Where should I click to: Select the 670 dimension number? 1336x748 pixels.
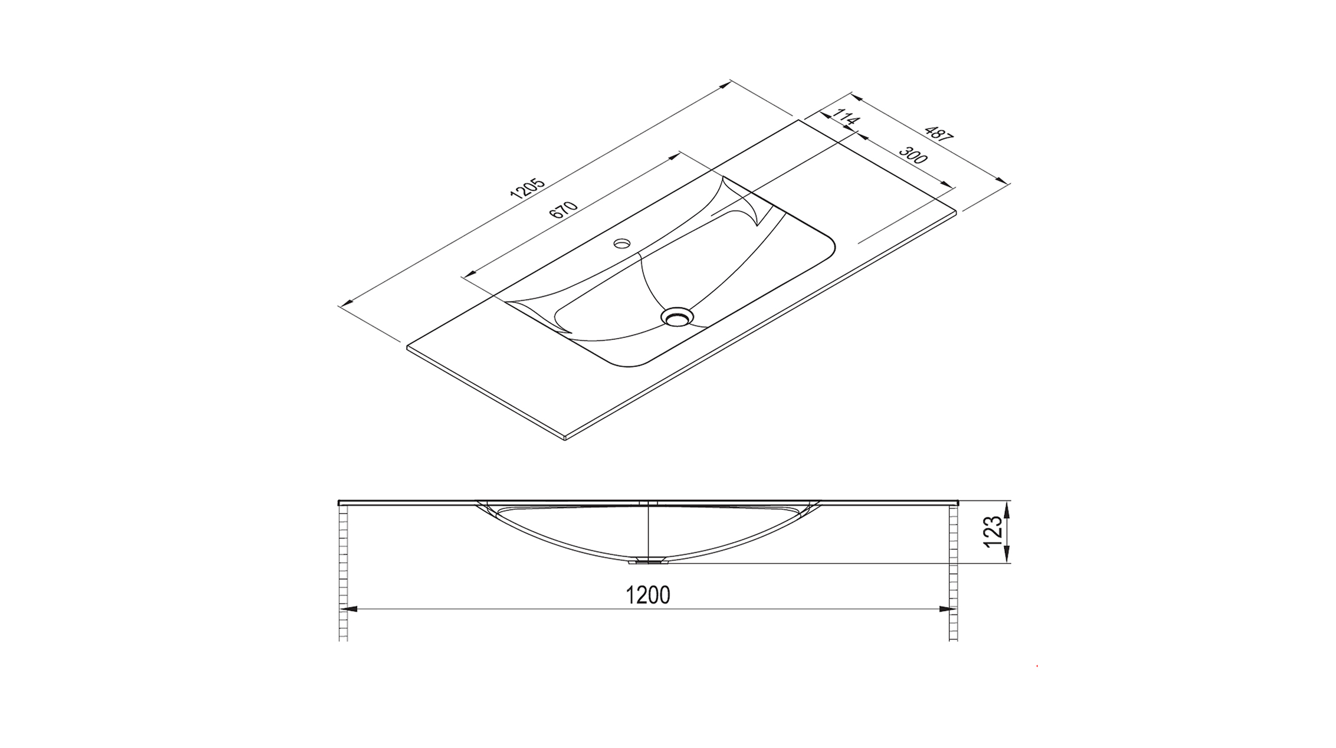tap(563, 209)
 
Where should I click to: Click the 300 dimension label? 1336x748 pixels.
tap(912, 155)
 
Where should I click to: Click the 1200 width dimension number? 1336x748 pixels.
tap(648, 595)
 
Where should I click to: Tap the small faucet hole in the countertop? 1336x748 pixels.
tap(622, 244)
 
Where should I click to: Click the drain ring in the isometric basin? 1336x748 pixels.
tap(677, 316)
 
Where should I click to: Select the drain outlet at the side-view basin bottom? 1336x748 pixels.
tap(648, 561)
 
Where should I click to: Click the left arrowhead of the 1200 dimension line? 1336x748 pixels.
tap(350, 609)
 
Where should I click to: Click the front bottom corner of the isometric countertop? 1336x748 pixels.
tap(565, 438)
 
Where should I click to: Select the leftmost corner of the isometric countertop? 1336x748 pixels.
tap(408, 347)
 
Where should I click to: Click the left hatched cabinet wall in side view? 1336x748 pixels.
tap(343, 572)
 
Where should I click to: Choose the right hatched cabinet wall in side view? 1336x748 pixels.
tap(953, 572)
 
